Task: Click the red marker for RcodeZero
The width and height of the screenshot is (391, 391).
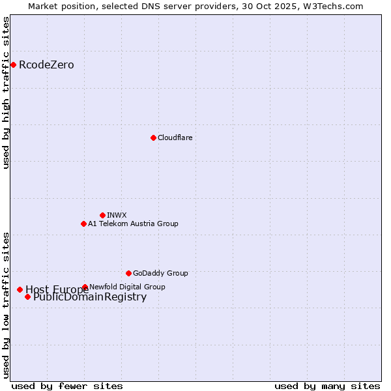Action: [x=13, y=65]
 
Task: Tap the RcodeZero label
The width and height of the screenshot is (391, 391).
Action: [x=46, y=65]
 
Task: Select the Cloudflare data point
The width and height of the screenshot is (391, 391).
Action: [x=153, y=138]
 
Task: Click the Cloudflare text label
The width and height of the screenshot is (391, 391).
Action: [x=175, y=138]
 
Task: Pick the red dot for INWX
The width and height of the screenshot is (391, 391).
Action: [x=102, y=215]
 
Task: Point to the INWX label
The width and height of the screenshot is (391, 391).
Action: [x=117, y=215]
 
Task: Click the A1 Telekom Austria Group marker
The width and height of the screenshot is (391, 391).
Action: [x=83, y=224]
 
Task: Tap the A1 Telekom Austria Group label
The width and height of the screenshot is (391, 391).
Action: [x=133, y=224]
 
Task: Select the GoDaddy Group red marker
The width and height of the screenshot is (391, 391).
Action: [x=128, y=273]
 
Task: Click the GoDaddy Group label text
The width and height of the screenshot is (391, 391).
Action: [x=160, y=273]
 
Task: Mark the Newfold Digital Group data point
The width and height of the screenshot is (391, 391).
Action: [x=85, y=287]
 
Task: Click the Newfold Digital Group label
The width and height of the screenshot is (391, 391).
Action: [x=127, y=287]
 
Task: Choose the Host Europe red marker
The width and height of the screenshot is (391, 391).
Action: [x=20, y=289]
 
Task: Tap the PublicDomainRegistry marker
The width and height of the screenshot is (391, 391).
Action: [x=27, y=297]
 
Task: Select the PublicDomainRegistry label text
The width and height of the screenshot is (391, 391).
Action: [x=90, y=297]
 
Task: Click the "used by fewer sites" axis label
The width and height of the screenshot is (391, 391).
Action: [x=67, y=386]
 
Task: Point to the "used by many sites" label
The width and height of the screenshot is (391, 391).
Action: [x=327, y=386]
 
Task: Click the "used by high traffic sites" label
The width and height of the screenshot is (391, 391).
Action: [x=6, y=93]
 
